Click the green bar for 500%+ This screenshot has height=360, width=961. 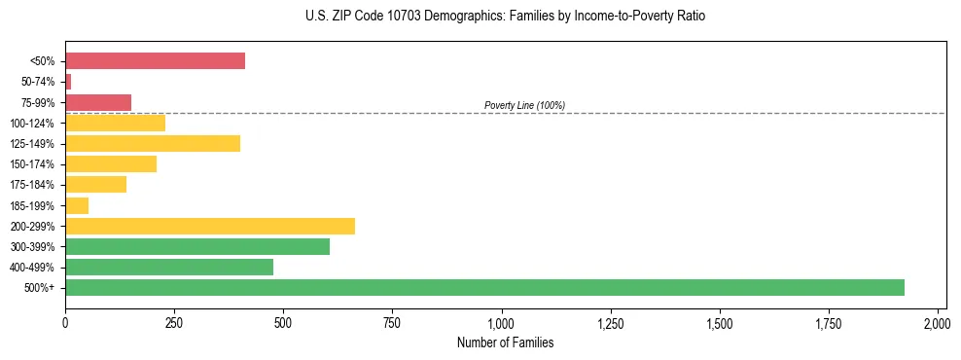click(x=484, y=287)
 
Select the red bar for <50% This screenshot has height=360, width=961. click(x=155, y=61)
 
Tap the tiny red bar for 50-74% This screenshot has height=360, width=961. click(x=68, y=82)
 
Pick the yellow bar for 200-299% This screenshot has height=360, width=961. click(x=210, y=226)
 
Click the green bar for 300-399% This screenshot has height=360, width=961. click(x=197, y=246)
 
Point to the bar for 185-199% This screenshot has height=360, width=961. click(x=77, y=205)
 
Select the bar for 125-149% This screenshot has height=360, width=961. click(x=153, y=143)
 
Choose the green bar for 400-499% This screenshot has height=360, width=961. click(x=169, y=267)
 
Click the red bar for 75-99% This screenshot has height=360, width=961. click(x=98, y=102)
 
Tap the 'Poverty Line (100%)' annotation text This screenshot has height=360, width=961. click(x=524, y=105)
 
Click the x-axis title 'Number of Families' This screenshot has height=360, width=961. click(x=505, y=342)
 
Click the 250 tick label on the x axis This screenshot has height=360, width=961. click(x=174, y=323)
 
